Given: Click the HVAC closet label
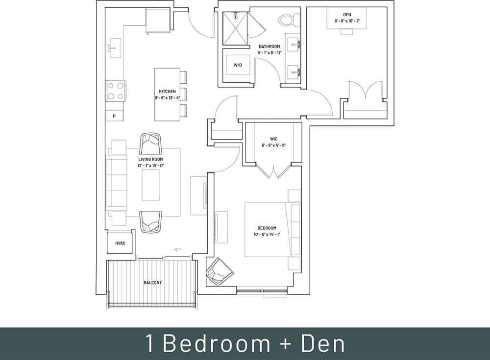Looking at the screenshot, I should pos(120,243).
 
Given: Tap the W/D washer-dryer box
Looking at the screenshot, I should pos(238,65).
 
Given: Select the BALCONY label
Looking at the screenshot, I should pos(153,283).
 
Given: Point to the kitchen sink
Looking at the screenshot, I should pos(115,48).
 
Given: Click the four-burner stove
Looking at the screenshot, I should pos(116,91).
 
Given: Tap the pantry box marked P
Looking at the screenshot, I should pos(115,116).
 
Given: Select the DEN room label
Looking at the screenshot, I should pos(347,15).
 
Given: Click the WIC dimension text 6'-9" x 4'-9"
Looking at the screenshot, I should pos(273,145).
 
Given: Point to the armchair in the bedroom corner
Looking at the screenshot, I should pos(217,271).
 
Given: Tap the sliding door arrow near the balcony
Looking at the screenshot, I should pos(178,250).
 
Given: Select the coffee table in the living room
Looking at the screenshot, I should pos(151,185).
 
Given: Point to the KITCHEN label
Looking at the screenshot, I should pos(167,92).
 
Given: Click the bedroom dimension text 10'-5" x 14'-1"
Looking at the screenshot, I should pos(267,234).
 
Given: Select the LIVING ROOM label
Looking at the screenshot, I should pos(151,159).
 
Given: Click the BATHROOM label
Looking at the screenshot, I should pos(270,47).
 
